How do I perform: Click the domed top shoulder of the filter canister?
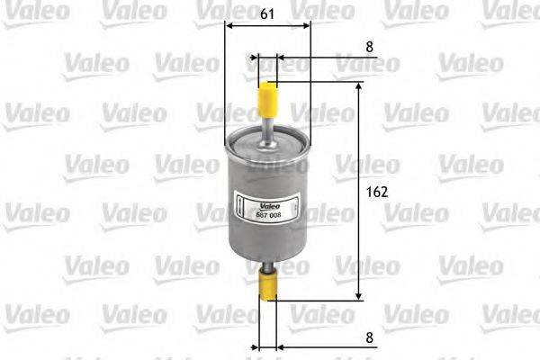(266, 137)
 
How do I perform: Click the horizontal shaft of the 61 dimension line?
(267, 26)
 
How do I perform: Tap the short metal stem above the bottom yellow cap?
(267, 268)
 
